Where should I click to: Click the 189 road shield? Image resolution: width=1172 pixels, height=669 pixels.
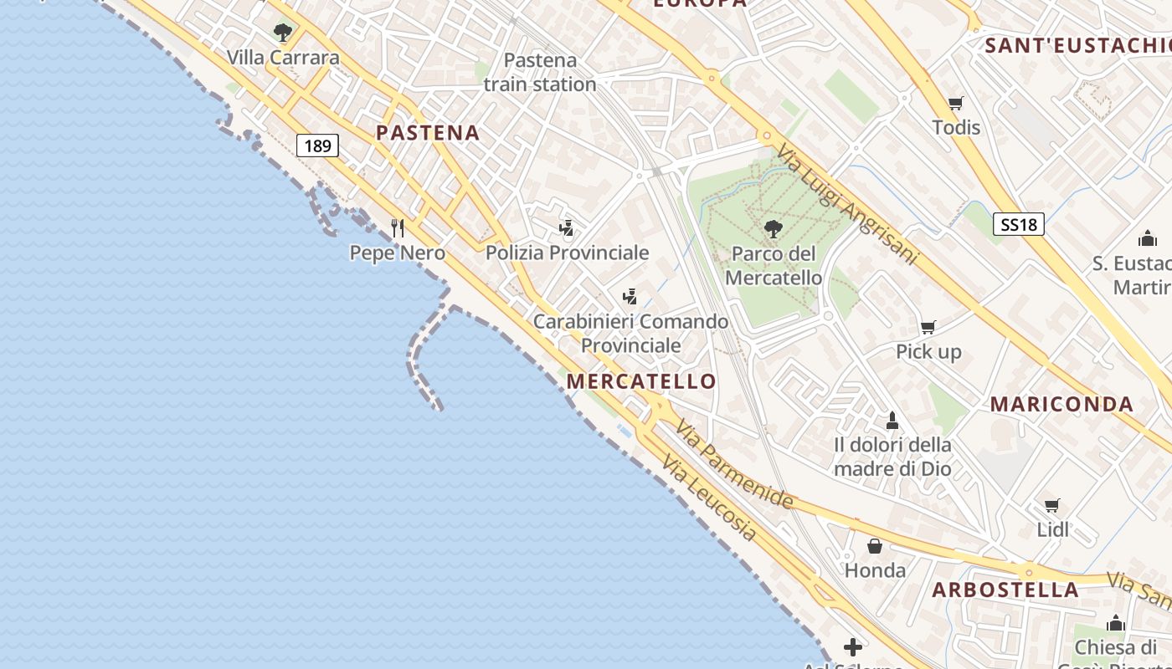tap(317, 146)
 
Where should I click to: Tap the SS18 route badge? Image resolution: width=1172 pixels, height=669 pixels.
tap(1019, 224)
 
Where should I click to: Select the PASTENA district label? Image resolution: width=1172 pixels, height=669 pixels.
tap(428, 133)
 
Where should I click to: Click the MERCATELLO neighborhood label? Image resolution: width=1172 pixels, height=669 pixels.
tap(641, 381)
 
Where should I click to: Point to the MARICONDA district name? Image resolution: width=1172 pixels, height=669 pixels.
tap(1061, 404)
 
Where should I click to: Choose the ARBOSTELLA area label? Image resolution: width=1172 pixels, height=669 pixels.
tap(1005, 590)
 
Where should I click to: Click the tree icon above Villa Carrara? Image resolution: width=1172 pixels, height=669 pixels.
tap(283, 33)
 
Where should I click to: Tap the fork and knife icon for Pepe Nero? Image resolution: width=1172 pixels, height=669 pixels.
tap(398, 227)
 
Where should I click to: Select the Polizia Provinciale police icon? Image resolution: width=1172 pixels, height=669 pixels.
tap(567, 227)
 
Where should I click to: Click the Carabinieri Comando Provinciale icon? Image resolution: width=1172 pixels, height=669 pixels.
tap(630, 296)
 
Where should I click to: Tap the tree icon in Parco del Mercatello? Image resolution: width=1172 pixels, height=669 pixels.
tap(773, 228)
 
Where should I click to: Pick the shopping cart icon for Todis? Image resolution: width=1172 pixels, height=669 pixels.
tap(956, 103)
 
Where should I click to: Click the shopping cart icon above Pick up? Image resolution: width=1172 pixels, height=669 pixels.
tap(928, 327)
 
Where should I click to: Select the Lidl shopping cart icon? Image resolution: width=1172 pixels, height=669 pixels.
tap(1052, 505)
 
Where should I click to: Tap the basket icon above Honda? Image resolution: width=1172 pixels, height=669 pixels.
tap(875, 546)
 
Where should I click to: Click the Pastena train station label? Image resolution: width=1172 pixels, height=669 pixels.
tap(540, 72)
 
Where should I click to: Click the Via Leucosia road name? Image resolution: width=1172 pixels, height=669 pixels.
tap(708, 498)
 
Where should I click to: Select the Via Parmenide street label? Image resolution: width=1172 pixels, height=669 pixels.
tap(734, 465)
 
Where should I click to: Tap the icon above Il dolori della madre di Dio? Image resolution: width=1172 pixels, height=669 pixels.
tap(892, 419)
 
